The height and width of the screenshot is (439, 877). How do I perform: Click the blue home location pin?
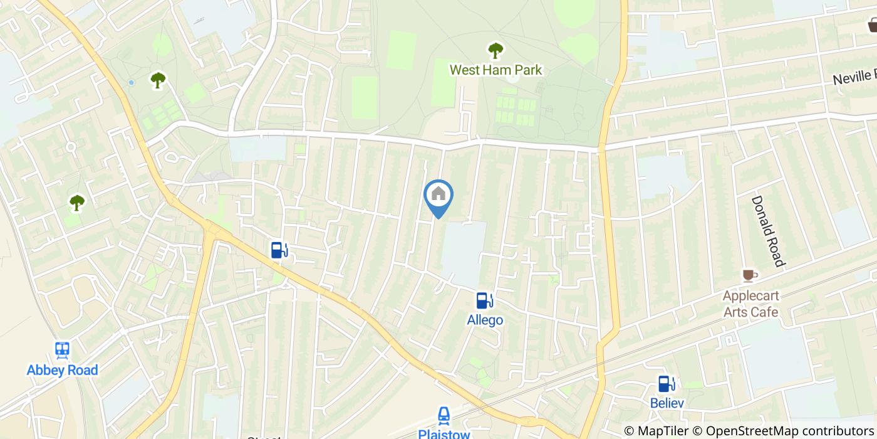pyautogui.click(x=438, y=196)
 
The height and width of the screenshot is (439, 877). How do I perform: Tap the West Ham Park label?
pyautogui.click(x=496, y=70)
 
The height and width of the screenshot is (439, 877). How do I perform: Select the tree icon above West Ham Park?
pyautogui.click(x=496, y=50)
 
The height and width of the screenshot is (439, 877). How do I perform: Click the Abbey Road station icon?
pyautogui.click(x=62, y=350)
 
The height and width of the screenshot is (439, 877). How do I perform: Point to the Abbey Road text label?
pyautogui.click(x=62, y=370)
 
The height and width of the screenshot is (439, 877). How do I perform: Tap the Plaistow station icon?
pyautogui.click(x=444, y=415)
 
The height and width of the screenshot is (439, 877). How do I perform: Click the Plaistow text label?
pyautogui.click(x=444, y=433)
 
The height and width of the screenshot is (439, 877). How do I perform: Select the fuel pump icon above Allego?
pyautogui.click(x=484, y=301)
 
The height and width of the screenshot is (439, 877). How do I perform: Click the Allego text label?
pyautogui.click(x=485, y=320)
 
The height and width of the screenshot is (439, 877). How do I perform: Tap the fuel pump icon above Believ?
pyautogui.click(x=667, y=383)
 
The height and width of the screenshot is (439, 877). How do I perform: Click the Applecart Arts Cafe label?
pyautogui.click(x=750, y=304)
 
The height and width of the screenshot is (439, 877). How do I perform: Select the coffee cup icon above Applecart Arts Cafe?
pyautogui.click(x=749, y=275)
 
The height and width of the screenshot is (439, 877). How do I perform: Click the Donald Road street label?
pyautogui.click(x=768, y=231)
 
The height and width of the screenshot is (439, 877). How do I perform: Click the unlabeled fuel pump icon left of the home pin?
pyautogui.click(x=279, y=250)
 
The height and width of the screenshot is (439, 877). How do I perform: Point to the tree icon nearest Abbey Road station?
pyautogui.click(x=77, y=202)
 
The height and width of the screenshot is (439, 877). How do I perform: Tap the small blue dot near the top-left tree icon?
pyautogui.click(x=131, y=82)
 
